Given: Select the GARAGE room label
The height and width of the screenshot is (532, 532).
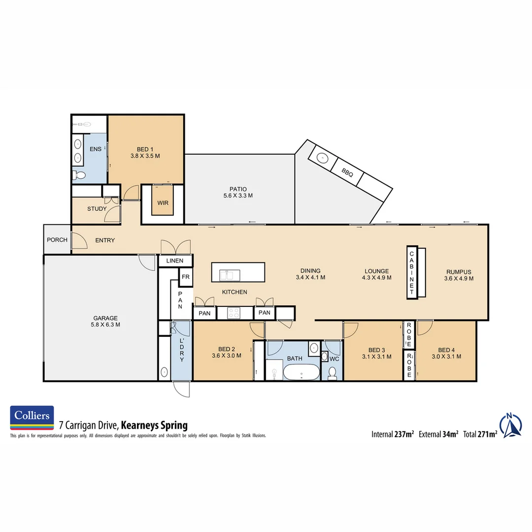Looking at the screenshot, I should [105, 318].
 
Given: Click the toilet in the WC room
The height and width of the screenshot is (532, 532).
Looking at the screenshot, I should [333, 373].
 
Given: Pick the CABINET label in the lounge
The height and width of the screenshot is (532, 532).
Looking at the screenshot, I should [411, 272].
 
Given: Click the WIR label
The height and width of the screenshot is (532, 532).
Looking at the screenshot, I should [163, 203].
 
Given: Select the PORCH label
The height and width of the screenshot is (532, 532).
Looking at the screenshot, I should [57, 240].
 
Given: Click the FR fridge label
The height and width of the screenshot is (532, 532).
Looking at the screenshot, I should [186, 277].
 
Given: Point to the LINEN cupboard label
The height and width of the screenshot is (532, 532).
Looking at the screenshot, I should [175, 261].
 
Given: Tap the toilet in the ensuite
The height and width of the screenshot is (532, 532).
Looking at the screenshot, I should [80, 175].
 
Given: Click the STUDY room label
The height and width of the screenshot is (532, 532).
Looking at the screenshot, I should [97, 209].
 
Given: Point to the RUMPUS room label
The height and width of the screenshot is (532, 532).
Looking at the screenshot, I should [459, 271].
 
